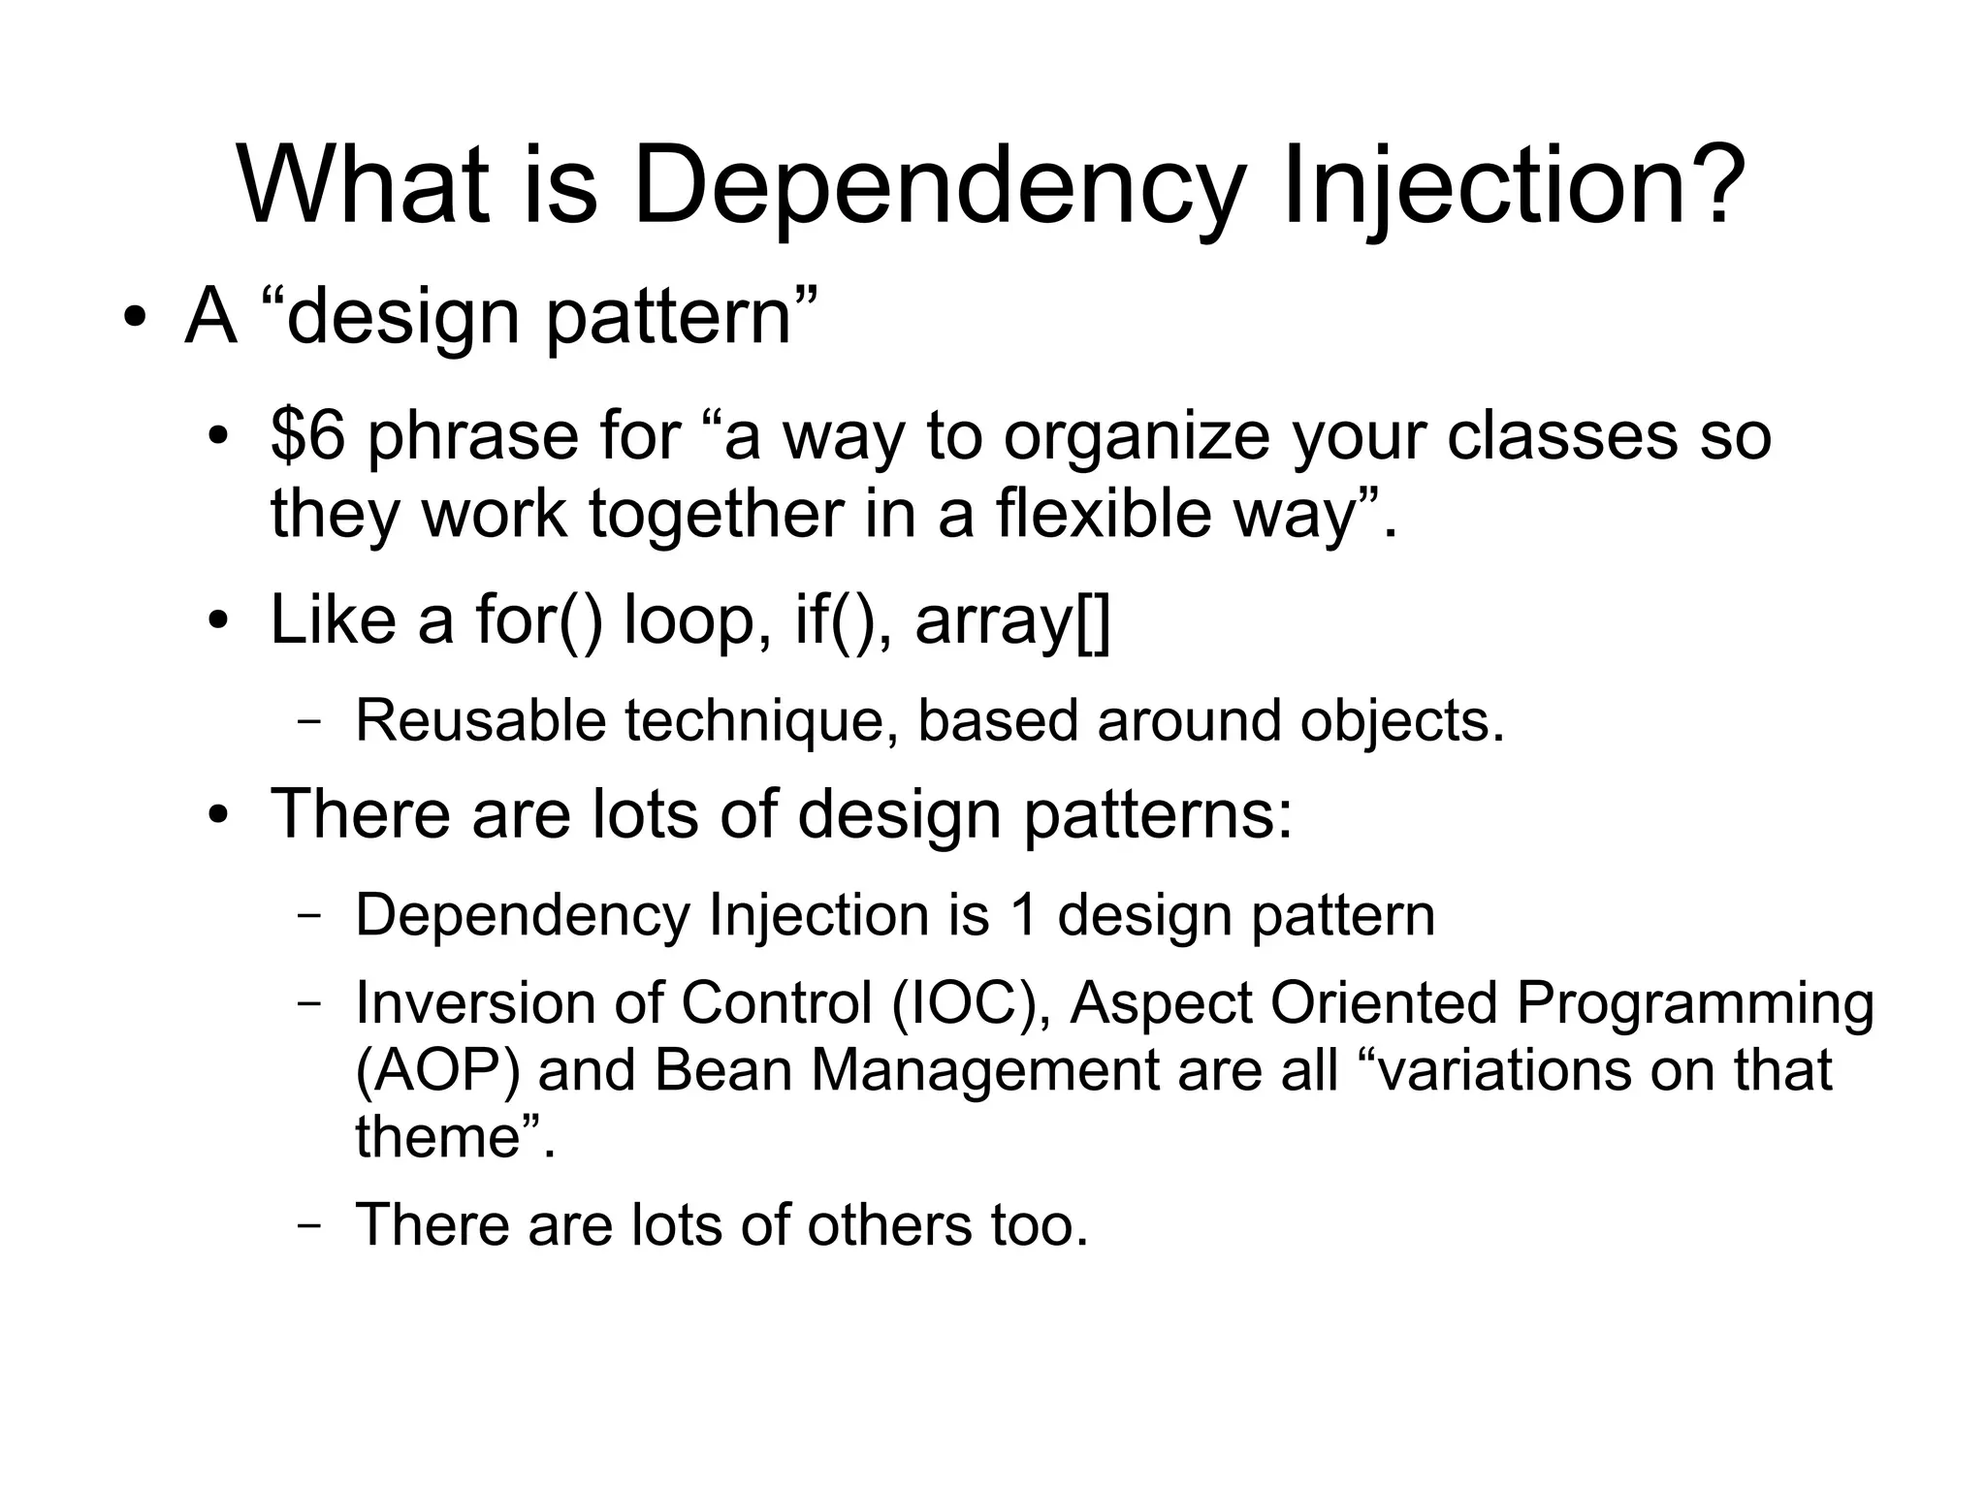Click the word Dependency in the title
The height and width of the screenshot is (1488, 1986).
pyautogui.click(x=936, y=184)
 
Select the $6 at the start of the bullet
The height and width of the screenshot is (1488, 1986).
pyautogui.click(x=306, y=435)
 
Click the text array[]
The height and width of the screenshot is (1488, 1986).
pyautogui.click(x=1012, y=621)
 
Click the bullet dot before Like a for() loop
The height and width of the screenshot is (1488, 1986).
pyautogui.click(x=219, y=620)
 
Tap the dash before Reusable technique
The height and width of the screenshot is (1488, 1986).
pyautogui.click(x=309, y=722)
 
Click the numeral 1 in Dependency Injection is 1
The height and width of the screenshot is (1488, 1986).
pyautogui.click(x=1023, y=915)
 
